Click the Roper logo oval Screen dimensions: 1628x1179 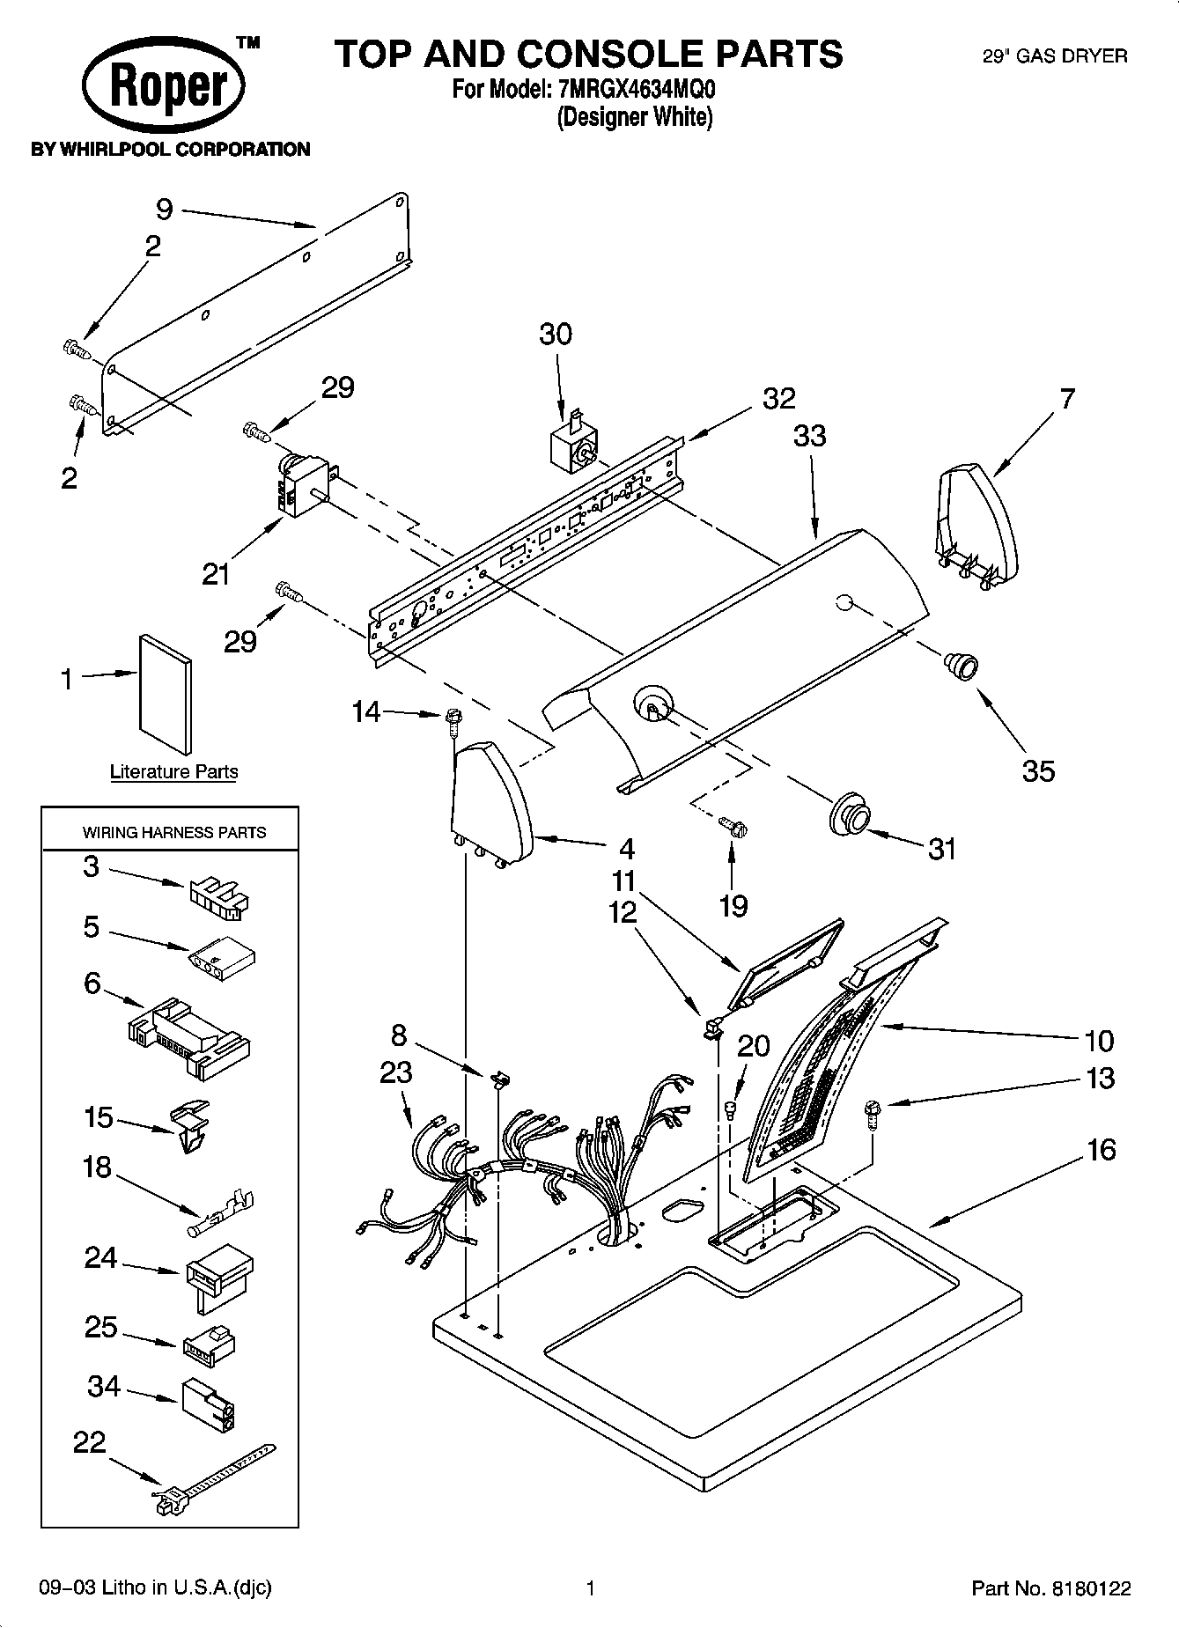point(164,87)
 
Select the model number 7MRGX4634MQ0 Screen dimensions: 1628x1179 point(637,89)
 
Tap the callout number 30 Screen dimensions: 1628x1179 point(555,335)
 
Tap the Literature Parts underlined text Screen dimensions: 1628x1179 point(173,772)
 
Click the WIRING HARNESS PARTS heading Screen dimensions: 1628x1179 point(173,832)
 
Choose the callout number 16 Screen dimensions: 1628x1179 point(1101,1150)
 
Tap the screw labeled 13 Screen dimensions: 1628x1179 point(872,1114)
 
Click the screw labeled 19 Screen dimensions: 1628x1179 point(733,826)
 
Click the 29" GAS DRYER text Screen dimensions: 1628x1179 point(1054,56)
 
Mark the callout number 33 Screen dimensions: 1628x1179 point(809,435)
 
